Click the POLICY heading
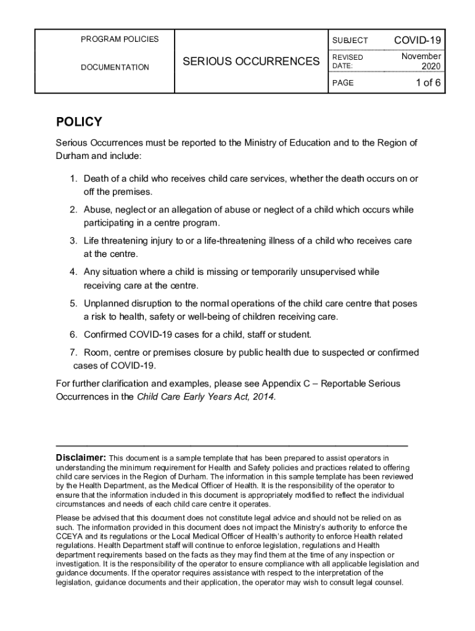pos(79,122)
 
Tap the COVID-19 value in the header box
pos(418,41)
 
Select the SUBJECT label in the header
pos(350,41)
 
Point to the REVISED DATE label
pos(348,61)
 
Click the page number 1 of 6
pos(427,83)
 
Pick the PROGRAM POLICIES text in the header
pos(120,39)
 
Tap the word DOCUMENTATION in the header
pos(115,67)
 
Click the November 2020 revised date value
pos(421,61)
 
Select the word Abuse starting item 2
pos(96,210)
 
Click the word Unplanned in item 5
pos(105,304)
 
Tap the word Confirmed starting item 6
pos(105,335)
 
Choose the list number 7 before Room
pos(72,353)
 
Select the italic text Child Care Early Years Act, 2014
pos(206,397)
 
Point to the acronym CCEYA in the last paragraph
pos(69,537)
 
